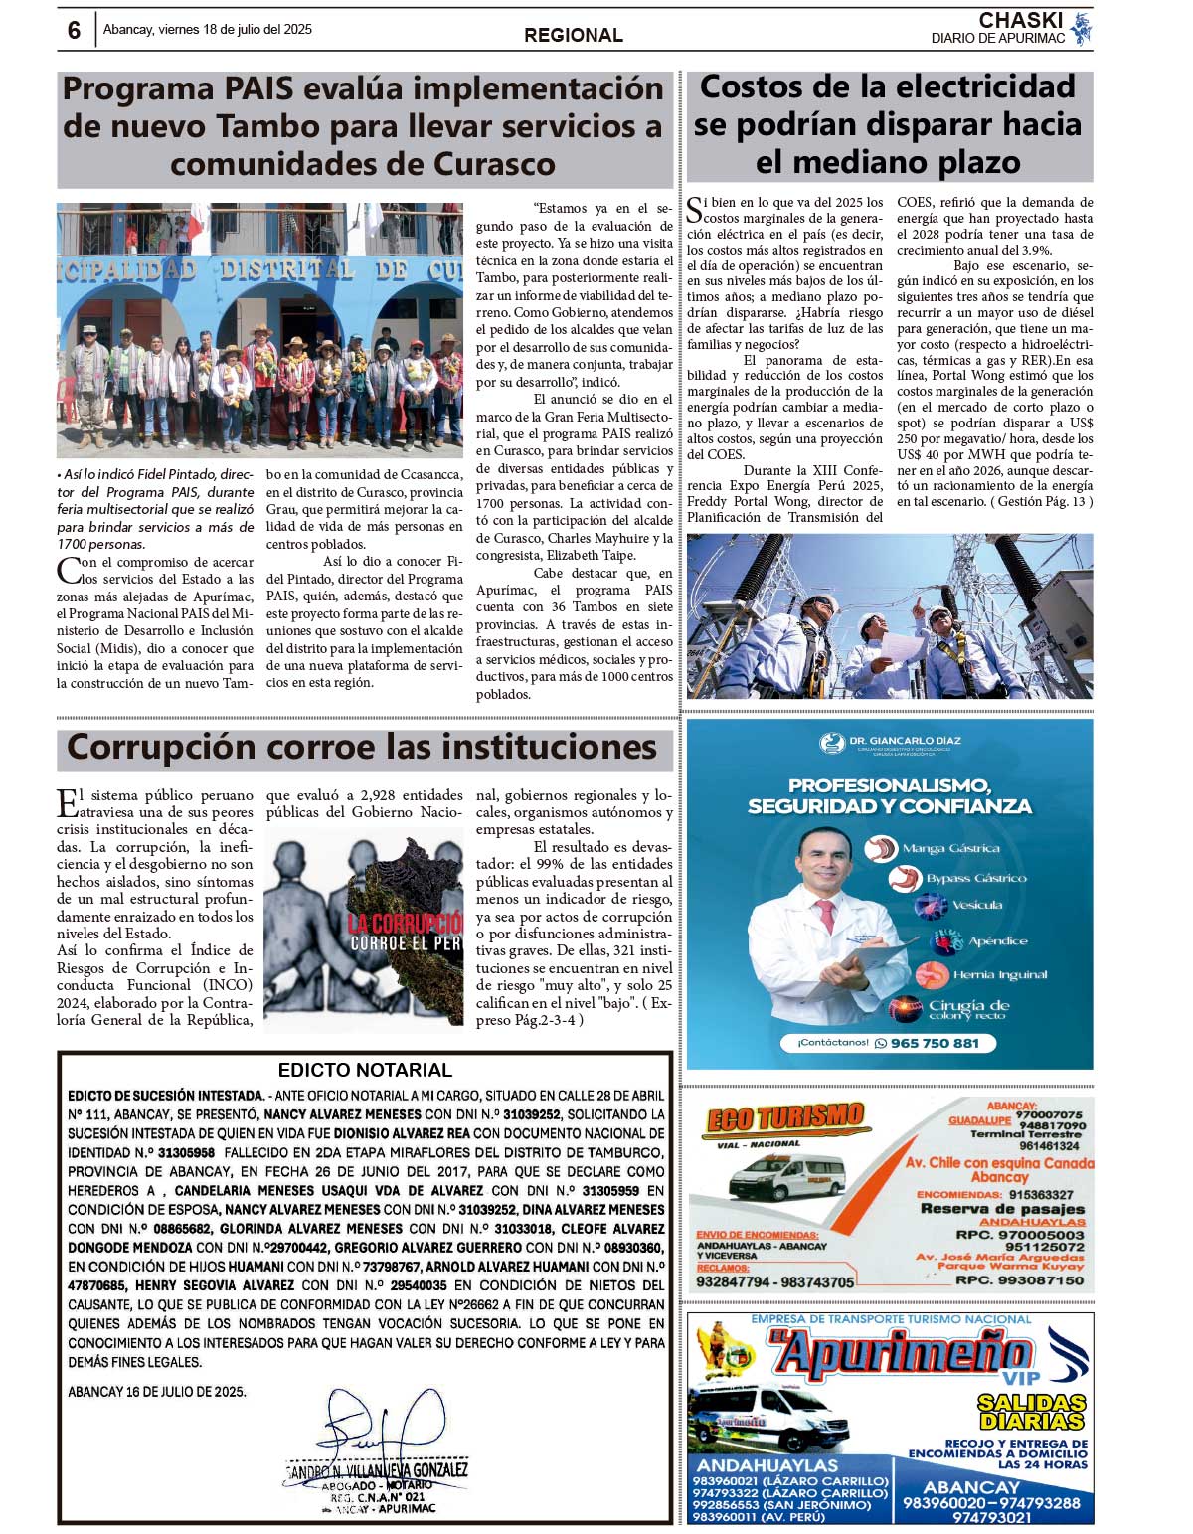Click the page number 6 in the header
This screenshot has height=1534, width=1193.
(74, 31)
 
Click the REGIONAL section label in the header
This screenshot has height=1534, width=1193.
(574, 35)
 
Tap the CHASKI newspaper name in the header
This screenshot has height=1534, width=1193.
(1020, 21)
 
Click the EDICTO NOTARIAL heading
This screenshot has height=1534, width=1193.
(365, 1070)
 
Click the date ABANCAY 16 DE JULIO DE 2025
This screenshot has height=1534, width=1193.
(157, 1392)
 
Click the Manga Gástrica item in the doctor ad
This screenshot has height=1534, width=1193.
(950, 848)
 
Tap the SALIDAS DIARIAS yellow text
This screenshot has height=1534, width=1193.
(1030, 1411)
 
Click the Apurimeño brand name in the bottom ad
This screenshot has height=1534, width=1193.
(900, 1355)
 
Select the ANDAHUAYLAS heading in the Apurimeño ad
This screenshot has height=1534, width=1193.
(767, 1465)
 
